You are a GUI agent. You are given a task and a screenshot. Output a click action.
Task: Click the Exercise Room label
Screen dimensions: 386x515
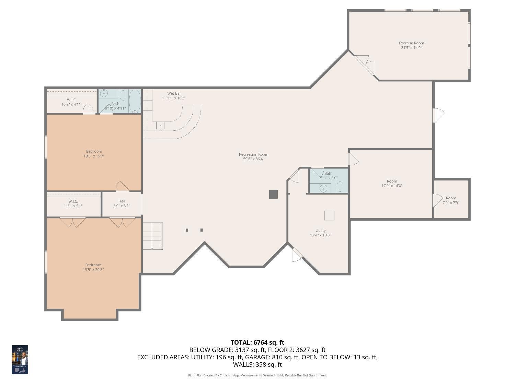411,43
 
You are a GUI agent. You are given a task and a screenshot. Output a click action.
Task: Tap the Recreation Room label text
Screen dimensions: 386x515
253,154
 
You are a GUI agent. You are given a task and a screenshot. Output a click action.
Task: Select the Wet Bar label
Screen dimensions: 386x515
174,93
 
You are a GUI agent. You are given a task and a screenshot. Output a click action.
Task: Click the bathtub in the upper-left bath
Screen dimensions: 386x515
135,101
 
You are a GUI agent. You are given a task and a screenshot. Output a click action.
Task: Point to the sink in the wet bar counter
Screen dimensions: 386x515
160,126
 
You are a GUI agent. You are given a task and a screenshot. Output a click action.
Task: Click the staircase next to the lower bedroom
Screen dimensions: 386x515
152,236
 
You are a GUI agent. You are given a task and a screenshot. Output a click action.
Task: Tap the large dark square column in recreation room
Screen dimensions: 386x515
273,194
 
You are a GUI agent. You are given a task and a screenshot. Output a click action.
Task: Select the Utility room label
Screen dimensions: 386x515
320,231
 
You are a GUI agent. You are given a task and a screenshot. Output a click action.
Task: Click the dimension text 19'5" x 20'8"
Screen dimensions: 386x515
93,270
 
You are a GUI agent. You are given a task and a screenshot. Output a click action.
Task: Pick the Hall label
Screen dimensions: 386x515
122,201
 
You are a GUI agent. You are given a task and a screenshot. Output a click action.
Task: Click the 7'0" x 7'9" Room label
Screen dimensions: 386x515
451,198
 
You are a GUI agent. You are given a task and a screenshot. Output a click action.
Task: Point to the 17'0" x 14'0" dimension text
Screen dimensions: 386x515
392,186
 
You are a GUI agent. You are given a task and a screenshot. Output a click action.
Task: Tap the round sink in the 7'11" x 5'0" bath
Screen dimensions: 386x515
323,188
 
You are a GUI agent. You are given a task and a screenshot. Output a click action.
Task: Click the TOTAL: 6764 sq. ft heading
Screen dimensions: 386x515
257,342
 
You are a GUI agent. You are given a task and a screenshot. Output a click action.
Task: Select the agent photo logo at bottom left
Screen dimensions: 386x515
20,359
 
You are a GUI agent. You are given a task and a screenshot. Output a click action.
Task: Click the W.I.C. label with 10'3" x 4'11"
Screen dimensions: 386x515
72,100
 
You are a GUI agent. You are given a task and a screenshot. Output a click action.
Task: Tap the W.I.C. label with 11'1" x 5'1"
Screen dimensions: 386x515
73,201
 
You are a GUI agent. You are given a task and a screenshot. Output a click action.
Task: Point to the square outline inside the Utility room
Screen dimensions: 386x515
329,215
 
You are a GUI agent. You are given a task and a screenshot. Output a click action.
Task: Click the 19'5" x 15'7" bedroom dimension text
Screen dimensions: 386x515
94,156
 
